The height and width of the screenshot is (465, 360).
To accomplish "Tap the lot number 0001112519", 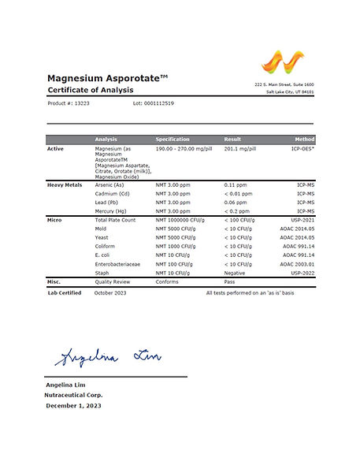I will pyautogui.click(x=153, y=104).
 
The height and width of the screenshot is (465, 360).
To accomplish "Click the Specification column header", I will pyautogui.click(x=173, y=139).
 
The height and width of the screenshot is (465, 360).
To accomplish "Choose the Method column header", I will pyautogui.click(x=304, y=139).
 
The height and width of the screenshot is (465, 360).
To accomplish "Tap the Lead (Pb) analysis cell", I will pyautogui.click(x=109, y=202).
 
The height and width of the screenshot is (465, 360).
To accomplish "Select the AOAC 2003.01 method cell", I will pyautogui.click(x=298, y=264).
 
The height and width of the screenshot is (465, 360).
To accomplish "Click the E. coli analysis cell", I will pyautogui.click(x=105, y=255).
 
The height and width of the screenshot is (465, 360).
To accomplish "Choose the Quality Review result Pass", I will pyautogui.click(x=231, y=281).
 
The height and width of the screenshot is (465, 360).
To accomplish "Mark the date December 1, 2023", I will pyautogui.click(x=73, y=406).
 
